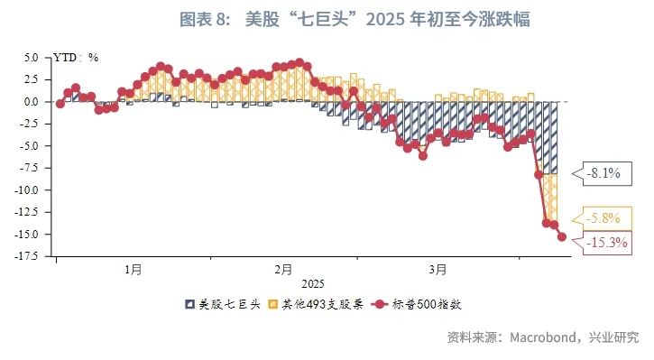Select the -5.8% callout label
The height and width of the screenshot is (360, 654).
603,218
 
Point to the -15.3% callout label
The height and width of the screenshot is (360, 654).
606,241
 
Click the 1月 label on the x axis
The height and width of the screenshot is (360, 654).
133,269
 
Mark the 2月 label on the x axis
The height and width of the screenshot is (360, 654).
282,269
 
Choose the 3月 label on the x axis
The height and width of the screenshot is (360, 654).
438,269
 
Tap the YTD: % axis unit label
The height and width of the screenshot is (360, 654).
77,57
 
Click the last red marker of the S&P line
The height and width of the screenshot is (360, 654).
562,237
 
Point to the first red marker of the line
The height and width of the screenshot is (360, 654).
60,103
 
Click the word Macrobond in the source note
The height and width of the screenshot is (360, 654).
545,337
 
